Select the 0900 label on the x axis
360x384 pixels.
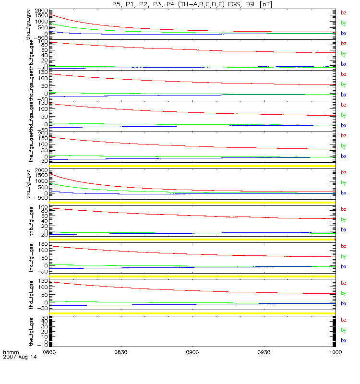192,352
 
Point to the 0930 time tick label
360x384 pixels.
264,352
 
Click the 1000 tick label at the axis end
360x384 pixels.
335,352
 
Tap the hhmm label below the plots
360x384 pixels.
10,352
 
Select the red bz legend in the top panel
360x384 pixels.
343,13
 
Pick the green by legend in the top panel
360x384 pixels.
343,23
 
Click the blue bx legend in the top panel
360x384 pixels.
343,33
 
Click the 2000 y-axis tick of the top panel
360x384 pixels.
41,11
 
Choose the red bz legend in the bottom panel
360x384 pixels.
343,320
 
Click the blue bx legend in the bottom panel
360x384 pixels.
343,340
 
